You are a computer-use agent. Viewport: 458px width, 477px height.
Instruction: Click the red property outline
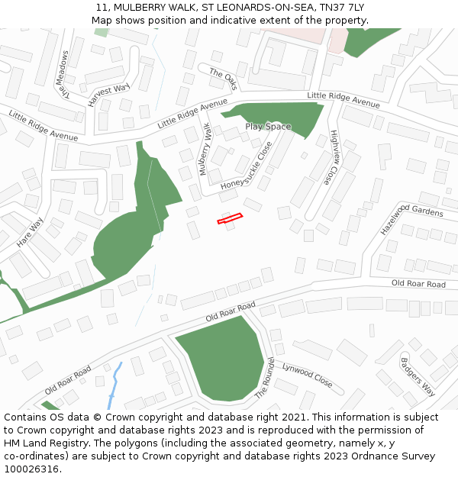[x=230, y=219]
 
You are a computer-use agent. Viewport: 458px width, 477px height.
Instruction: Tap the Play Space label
[x=268, y=127]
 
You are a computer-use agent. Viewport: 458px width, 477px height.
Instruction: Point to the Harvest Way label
[x=108, y=95]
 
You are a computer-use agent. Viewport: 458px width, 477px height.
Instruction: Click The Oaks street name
[x=224, y=77]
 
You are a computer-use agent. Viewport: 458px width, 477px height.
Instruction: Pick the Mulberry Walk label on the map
[x=205, y=149]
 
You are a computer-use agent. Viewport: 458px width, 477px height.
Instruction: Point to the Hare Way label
[x=31, y=233]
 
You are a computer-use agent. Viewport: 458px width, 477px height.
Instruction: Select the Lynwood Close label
[x=307, y=375]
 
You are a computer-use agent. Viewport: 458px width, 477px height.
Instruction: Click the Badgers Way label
[x=418, y=376]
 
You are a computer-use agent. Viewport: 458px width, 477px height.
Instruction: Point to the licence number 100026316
[x=31, y=469]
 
